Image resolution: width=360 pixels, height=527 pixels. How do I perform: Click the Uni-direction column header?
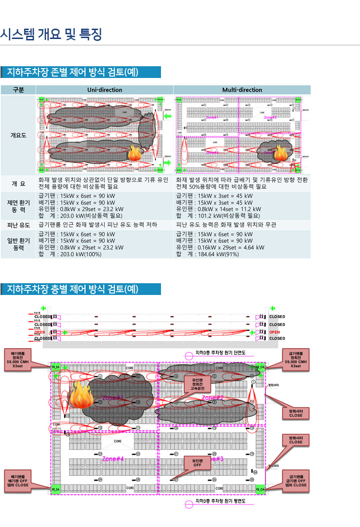104,90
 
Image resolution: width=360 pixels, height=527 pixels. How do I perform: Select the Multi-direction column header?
242,90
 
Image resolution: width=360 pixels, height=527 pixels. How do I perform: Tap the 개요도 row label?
18,135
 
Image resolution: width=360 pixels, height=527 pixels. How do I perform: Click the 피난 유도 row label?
18,225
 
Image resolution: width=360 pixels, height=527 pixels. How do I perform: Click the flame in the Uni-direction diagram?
134,153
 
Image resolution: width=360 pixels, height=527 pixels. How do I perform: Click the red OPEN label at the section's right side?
275,332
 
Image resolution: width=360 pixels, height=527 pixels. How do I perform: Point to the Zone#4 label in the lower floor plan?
113,458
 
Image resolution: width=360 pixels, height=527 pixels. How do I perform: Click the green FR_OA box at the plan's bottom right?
260,489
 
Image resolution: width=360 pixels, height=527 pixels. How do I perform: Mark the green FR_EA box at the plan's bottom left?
56,489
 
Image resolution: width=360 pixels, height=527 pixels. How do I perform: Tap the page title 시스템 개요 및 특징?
51,34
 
